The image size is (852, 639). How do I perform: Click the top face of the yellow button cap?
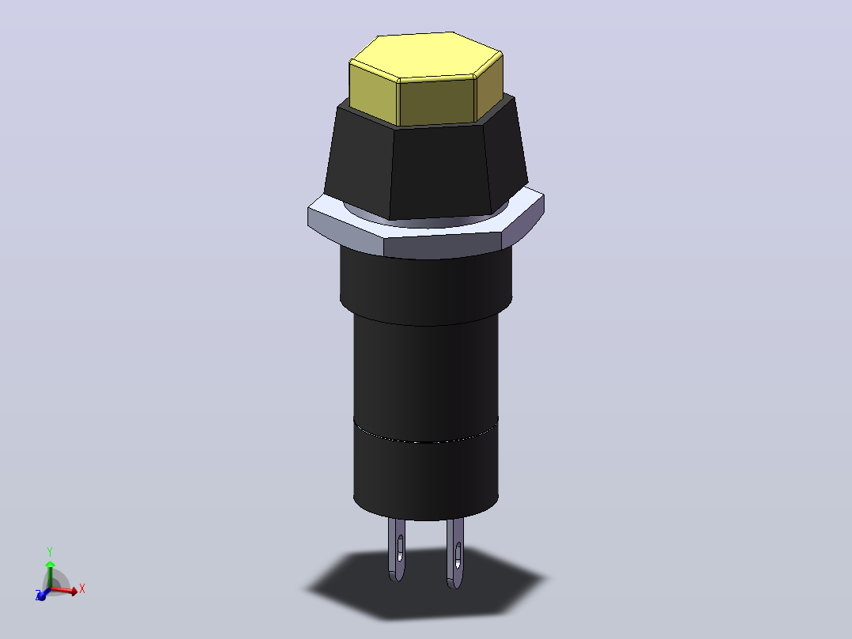[426, 55]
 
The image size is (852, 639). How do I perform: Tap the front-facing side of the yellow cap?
[437, 102]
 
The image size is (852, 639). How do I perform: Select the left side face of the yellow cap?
[374, 93]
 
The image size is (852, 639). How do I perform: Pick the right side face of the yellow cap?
[489, 85]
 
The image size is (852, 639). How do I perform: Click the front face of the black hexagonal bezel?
[440, 172]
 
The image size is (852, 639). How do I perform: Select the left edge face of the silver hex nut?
[345, 231]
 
